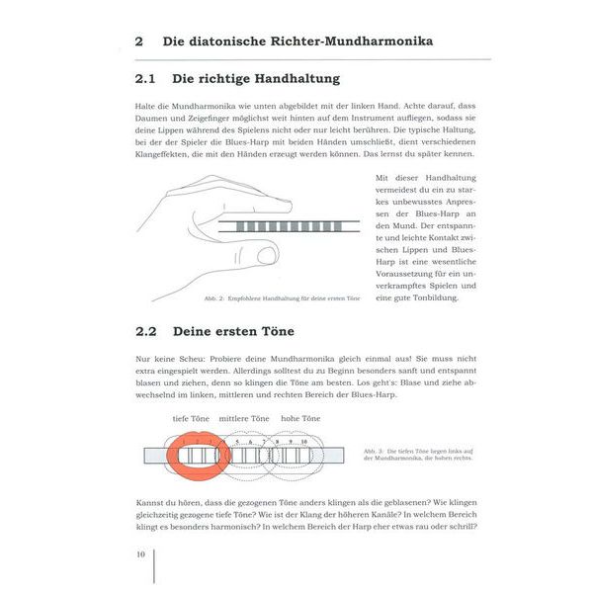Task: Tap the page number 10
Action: [141, 553]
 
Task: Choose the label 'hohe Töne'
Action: [300, 419]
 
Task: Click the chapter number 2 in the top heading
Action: [139, 42]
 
